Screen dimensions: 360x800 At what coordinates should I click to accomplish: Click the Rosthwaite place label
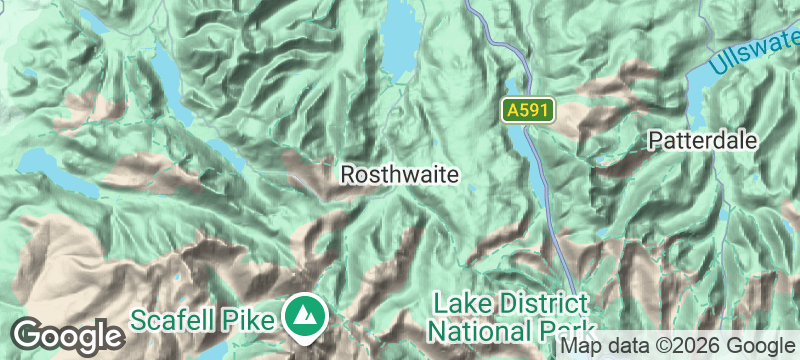point(400,175)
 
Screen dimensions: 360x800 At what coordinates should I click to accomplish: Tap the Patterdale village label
point(702,140)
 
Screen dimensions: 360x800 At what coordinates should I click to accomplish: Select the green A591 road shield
point(526,111)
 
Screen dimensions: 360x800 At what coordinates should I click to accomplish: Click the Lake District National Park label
point(513,316)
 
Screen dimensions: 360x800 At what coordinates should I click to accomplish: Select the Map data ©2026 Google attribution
point(677,346)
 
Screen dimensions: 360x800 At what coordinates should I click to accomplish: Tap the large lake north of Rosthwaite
point(403,45)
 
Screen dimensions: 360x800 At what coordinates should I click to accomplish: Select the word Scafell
point(177,320)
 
